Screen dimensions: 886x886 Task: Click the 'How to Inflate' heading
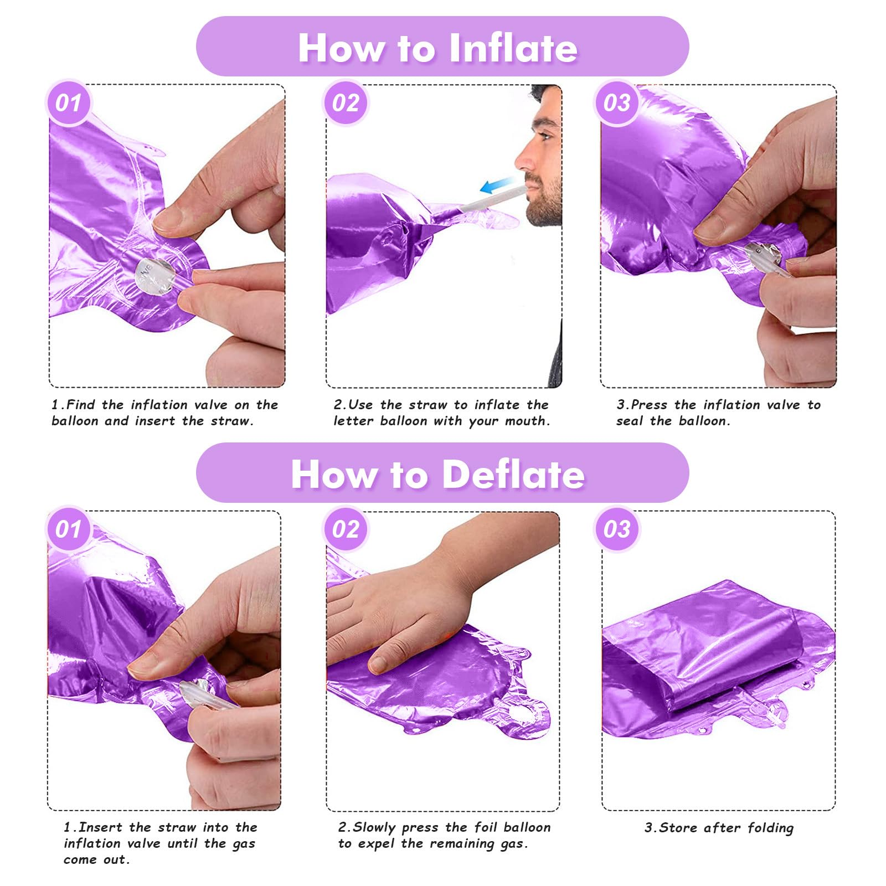(437, 48)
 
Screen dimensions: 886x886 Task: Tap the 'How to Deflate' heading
(437, 475)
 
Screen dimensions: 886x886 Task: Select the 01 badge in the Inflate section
(69, 103)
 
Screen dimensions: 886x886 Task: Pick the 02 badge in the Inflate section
(346, 103)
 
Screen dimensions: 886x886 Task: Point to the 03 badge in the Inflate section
(617, 103)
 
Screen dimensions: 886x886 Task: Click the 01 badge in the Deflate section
(69, 529)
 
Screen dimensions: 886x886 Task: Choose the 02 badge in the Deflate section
(346, 529)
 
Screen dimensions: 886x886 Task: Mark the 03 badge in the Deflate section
(617, 529)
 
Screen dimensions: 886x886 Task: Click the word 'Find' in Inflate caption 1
(80, 405)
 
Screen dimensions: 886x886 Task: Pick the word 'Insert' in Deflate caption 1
(100, 827)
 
